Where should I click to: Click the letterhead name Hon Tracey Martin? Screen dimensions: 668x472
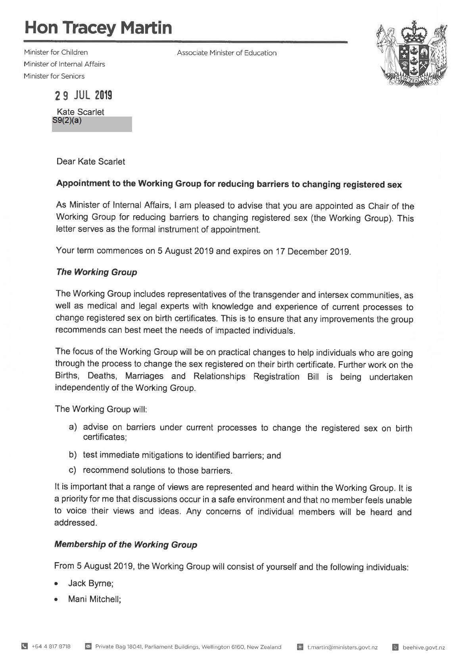tap(98, 28)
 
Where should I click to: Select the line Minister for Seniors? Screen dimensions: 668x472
tap(54, 76)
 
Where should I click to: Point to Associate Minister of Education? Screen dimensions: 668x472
tap(226, 53)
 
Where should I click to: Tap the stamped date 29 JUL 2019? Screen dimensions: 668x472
tap(84, 96)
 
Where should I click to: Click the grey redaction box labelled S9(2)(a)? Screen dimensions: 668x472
tap(92, 124)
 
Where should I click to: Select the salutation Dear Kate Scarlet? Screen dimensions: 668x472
tap(90, 162)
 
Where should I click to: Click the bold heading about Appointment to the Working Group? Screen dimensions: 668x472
tap(229, 184)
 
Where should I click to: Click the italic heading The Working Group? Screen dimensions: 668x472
tap(96, 272)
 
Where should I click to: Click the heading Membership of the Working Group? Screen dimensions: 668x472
tap(125, 545)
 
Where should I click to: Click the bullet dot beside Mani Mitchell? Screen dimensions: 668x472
tap(58, 600)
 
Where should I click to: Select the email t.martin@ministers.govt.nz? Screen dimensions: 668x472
tap(342, 647)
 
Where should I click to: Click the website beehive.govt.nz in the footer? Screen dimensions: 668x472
tap(424, 647)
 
